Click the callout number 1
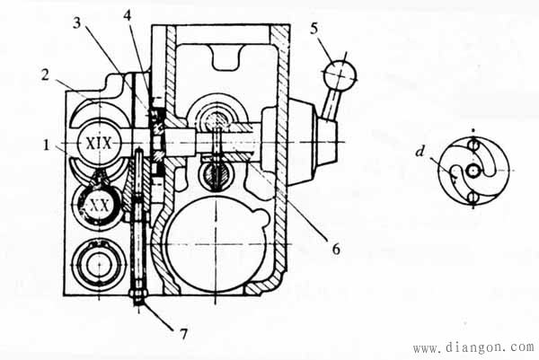click(x=47, y=145)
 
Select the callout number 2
click(x=46, y=75)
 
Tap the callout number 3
click(x=77, y=23)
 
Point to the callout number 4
click(x=128, y=15)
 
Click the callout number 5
click(x=314, y=29)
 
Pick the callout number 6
click(x=336, y=249)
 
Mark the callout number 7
click(x=183, y=333)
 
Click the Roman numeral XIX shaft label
click(x=99, y=144)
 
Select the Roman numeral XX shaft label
click(x=100, y=206)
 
